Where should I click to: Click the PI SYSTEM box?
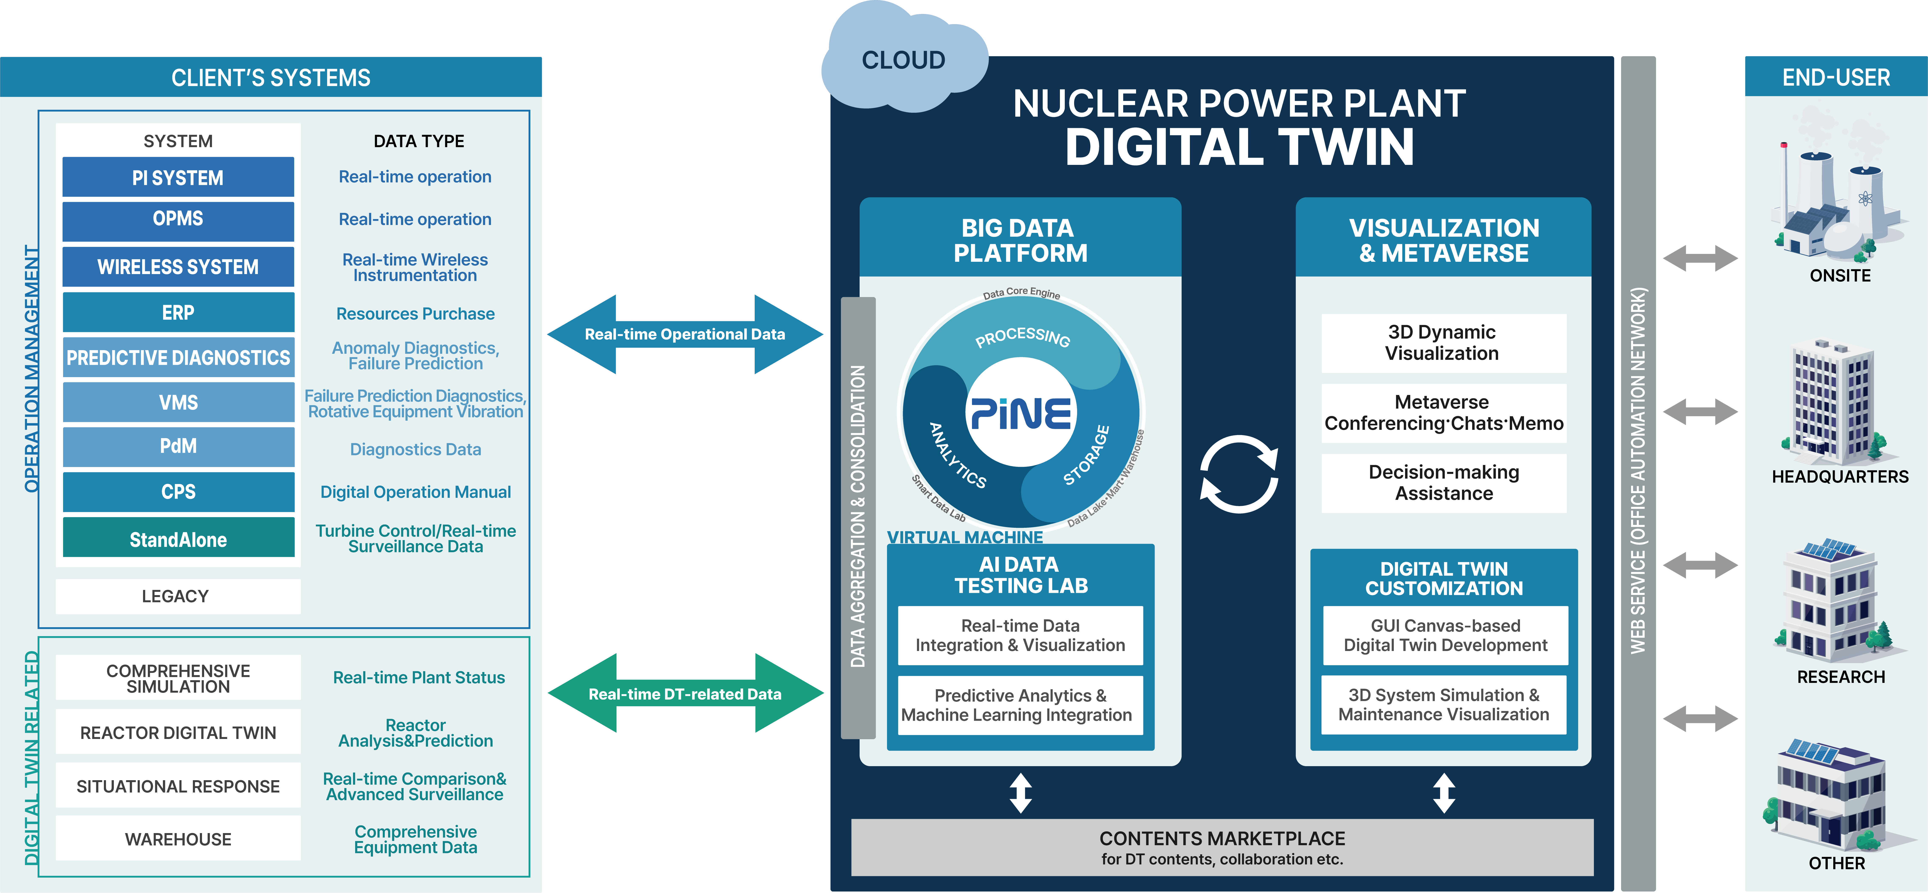tap(178, 177)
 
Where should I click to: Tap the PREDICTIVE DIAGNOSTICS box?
tap(178, 358)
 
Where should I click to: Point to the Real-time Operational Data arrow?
tap(685, 335)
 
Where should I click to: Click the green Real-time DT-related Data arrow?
tap(685, 694)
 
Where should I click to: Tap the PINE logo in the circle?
tap(1021, 412)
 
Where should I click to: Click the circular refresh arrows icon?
tap(1239, 475)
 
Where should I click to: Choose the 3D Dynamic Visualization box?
tap(1443, 343)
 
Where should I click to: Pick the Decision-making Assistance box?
tap(1443, 483)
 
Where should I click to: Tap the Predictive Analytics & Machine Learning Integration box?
tap(1020, 705)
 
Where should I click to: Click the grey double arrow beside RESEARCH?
tap(1700, 565)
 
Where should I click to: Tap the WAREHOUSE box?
tap(178, 839)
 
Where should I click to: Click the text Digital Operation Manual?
tap(415, 492)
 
